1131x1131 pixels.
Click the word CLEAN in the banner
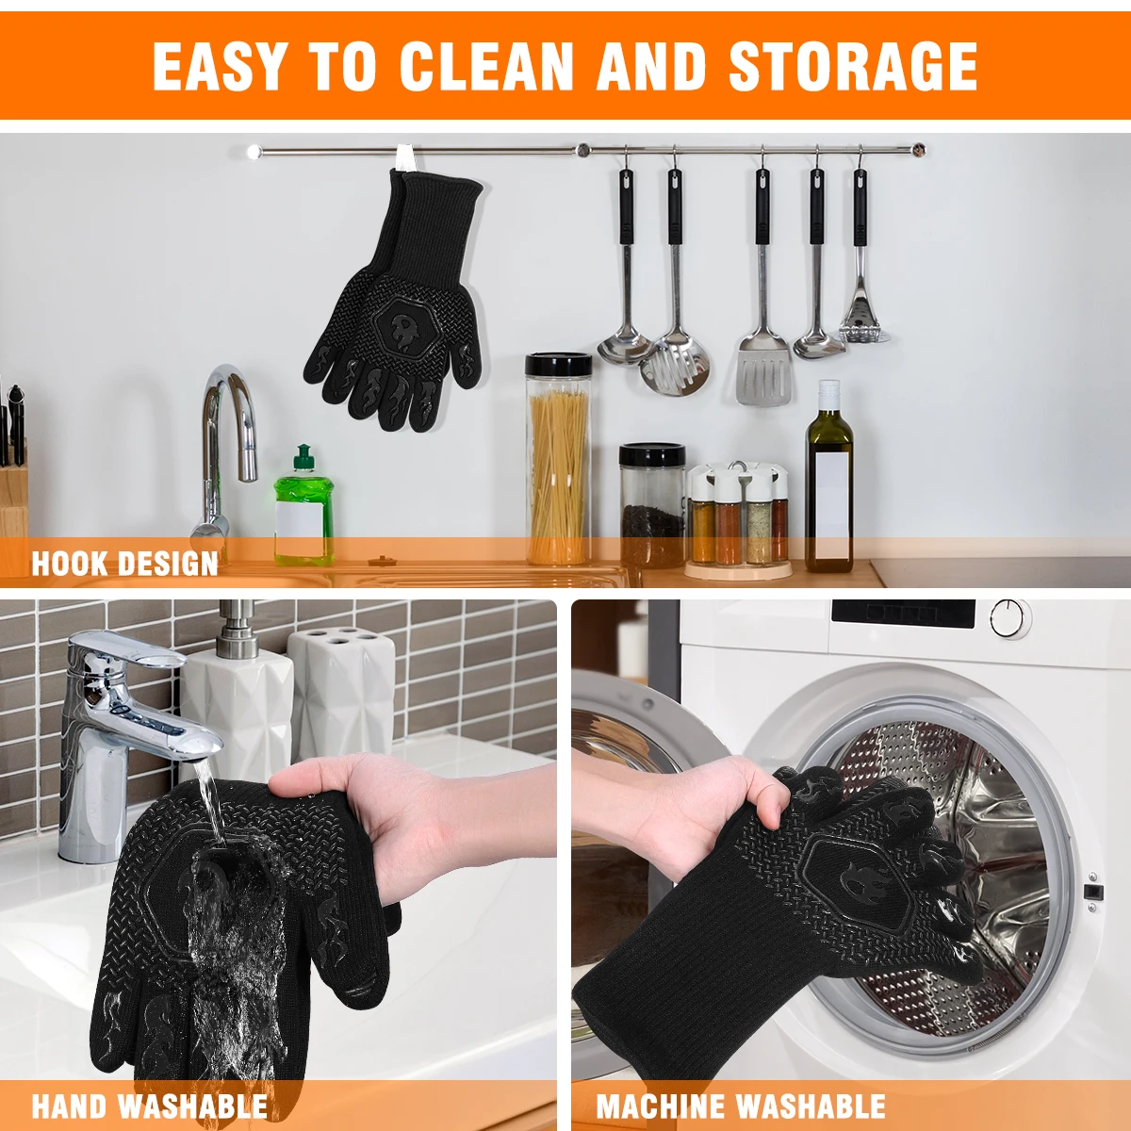click(485, 66)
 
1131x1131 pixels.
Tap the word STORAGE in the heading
click(853, 66)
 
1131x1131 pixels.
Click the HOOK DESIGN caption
click(124, 564)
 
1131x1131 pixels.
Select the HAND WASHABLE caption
click(149, 1105)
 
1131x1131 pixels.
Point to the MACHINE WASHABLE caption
click(741, 1105)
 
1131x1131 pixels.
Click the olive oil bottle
click(828, 481)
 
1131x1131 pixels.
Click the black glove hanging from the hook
click(396, 311)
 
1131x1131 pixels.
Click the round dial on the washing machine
click(1009, 618)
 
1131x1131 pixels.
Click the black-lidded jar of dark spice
click(651, 506)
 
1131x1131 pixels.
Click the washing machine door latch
click(1093, 892)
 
